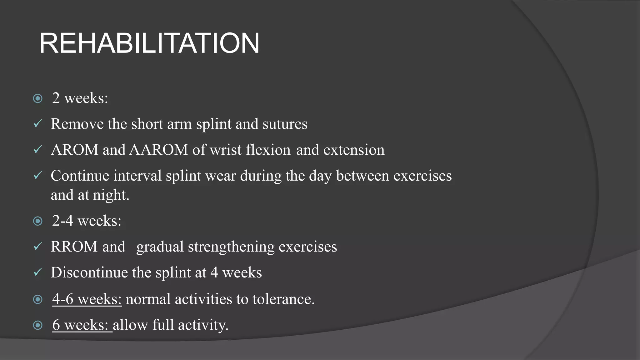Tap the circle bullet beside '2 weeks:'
click(38, 99)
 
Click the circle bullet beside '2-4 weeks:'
click(38, 221)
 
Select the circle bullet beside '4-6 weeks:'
click(38, 299)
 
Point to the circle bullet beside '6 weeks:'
click(38, 325)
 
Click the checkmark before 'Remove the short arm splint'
click(37, 124)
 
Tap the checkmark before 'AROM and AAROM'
click(37, 150)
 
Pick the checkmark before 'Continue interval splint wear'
click(37, 176)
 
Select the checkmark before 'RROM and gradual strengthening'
click(37, 247)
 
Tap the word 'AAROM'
click(158, 150)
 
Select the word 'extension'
click(354, 150)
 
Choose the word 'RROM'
click(74, 247)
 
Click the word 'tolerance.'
click(283, 299)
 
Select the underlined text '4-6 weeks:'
click(87, 299)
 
